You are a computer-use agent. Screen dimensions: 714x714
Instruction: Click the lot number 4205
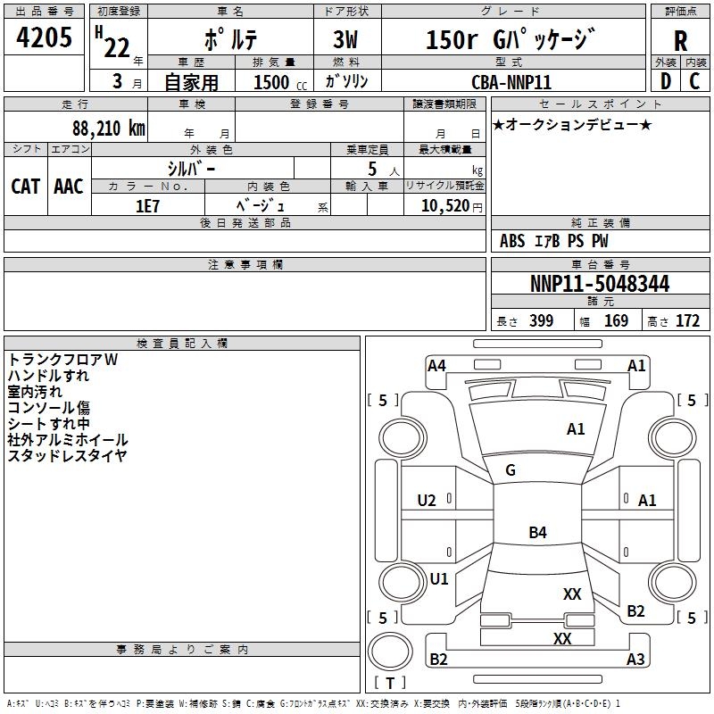[44, 37]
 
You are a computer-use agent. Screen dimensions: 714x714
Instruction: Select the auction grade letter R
[680, 41]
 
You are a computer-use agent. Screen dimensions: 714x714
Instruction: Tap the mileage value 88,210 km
[108, 129]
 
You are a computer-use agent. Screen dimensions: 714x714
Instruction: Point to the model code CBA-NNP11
[511, 82]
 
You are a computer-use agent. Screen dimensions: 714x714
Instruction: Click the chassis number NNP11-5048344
[600, 284]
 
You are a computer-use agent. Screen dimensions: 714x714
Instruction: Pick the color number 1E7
[147, 206]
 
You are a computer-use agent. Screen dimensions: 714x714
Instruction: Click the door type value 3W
[345, 39]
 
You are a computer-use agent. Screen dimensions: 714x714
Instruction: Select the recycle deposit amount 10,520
[445, 206]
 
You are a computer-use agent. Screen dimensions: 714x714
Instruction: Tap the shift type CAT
[26, 187]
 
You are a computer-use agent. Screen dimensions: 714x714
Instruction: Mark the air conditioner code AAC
[69, 187]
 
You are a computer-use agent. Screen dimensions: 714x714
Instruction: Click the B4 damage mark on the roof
[538, 532]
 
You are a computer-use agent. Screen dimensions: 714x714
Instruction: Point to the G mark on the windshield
[511, 470]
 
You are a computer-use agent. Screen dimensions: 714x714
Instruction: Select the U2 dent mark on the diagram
[427, 501]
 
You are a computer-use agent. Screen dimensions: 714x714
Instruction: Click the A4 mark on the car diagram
[436, 366]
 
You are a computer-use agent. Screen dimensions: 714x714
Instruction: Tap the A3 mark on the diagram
[635, 659]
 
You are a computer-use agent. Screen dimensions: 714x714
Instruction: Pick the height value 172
[687, 320]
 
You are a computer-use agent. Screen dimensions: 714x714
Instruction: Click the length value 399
[542, 320]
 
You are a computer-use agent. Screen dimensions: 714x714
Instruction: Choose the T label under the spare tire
[390, 683]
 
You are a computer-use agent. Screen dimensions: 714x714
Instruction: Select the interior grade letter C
[694, 81]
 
